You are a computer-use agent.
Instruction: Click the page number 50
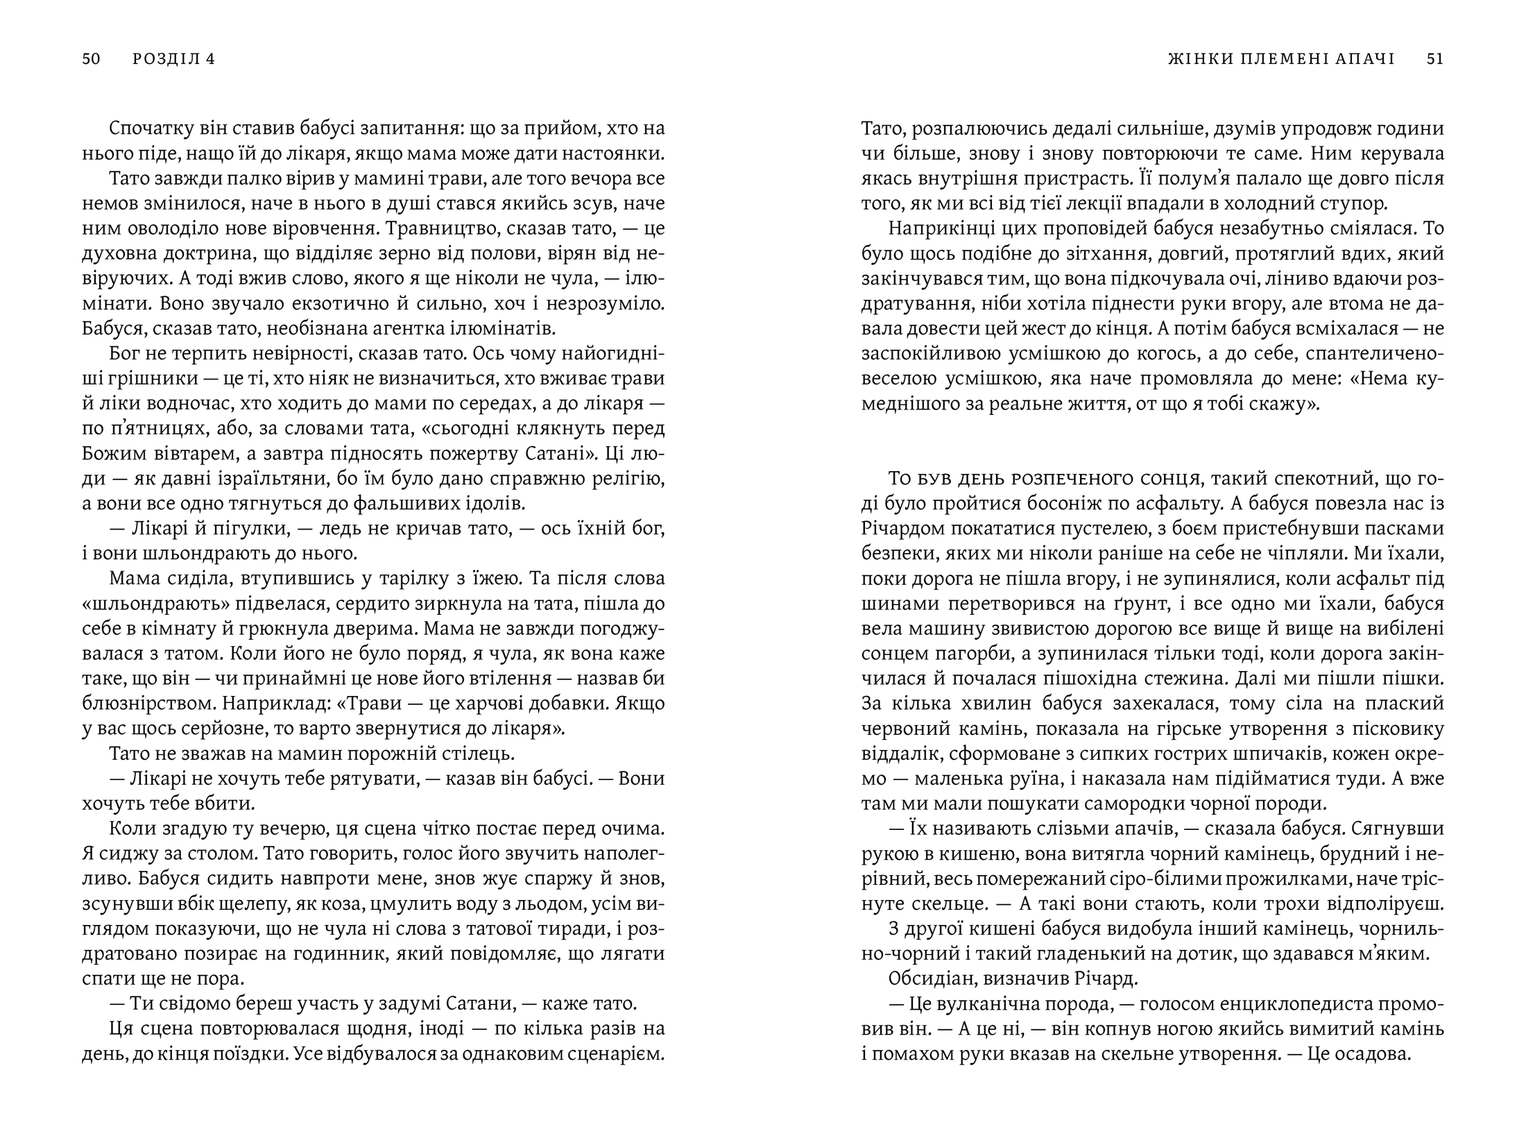point(92,59)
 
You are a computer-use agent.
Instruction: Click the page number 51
point(1435,59)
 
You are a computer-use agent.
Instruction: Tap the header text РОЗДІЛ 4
point(174,59)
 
